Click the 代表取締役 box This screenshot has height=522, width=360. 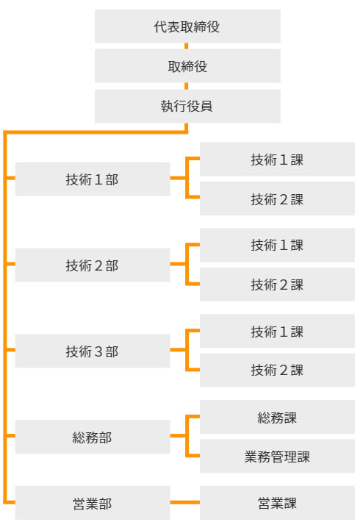(187, 26)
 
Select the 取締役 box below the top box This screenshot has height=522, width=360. (187, 66)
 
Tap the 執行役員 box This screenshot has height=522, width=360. (187, 106)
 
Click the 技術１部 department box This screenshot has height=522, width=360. (93, 179)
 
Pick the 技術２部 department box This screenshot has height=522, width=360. (93, 265)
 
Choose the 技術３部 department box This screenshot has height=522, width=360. (93, 351)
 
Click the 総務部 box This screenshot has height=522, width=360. (93, 437)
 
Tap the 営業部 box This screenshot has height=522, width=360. (93, 503)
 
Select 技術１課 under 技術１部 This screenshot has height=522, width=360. (277, 159)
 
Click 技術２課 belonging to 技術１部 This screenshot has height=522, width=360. (277, 199)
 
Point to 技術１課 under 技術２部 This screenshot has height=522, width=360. (277, 245)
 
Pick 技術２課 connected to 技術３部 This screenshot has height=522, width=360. (277, 371)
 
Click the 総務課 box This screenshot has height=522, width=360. (277, 417)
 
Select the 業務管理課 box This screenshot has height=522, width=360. (277, 456)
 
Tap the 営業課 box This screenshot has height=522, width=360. (277, 503)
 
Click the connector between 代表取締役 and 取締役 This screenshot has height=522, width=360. (187, 46)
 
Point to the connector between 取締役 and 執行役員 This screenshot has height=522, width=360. (187, 86)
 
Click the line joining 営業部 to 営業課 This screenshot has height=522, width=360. (185, 502)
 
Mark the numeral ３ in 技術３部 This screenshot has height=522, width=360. (98, 351)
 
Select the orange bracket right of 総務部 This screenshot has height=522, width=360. (187, 436)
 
